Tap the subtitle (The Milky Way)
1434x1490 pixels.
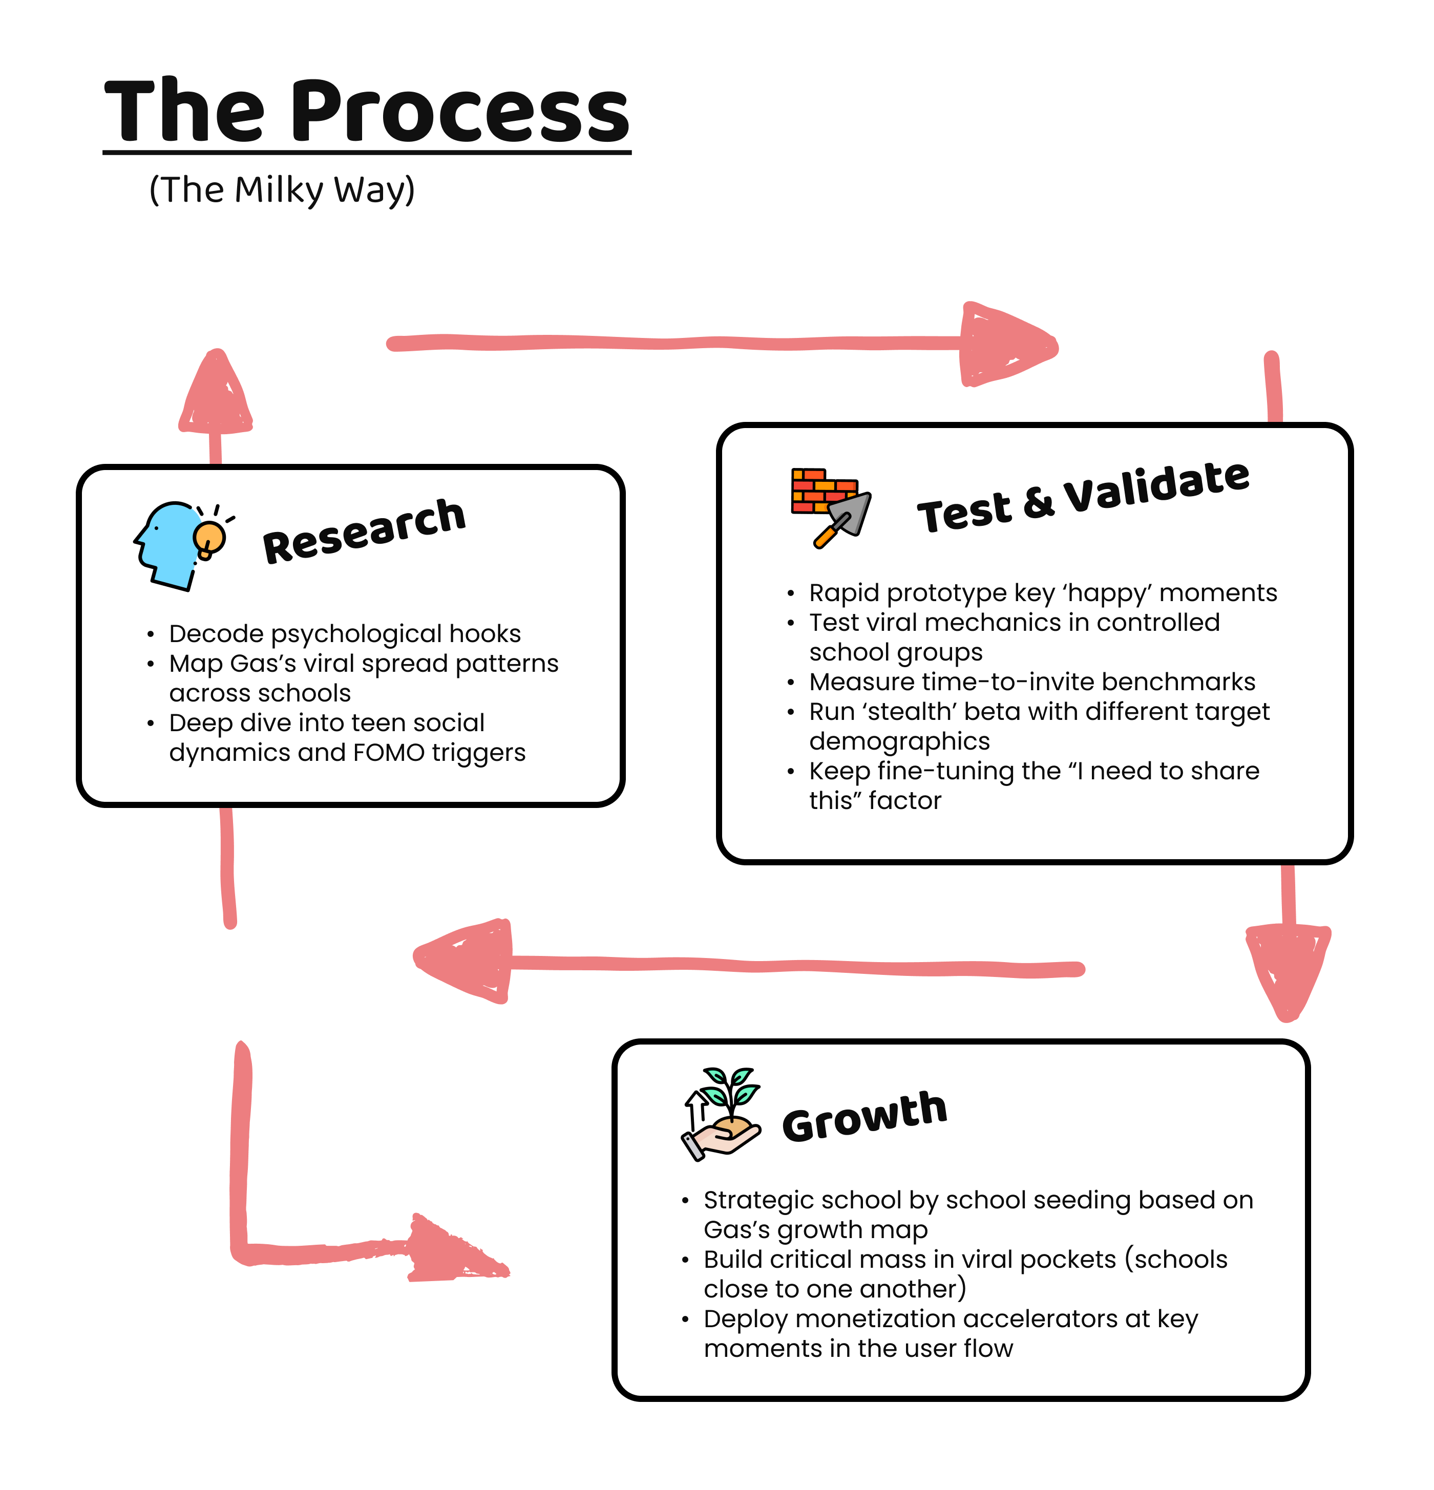tap(281, 189)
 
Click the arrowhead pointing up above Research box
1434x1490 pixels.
tap(217, 395)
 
